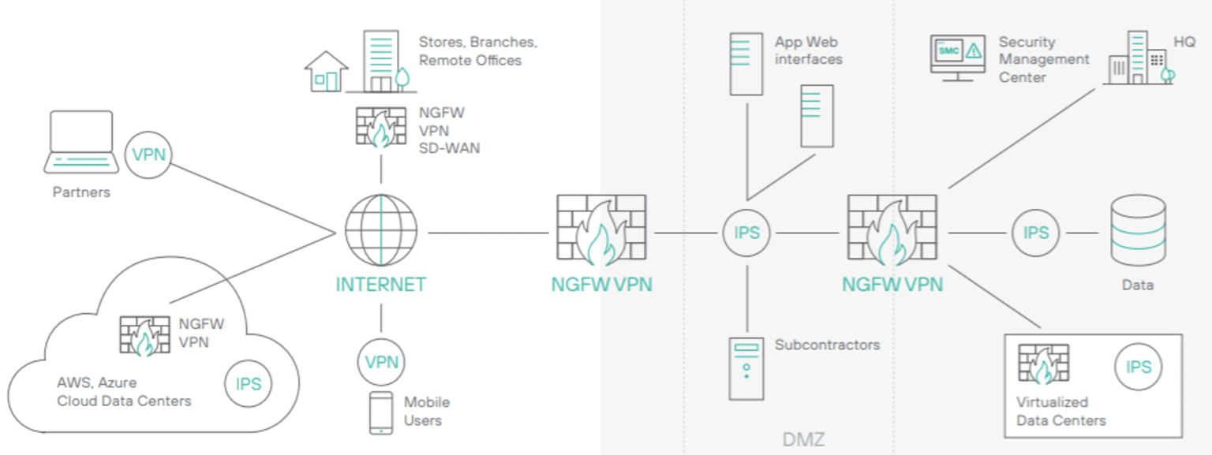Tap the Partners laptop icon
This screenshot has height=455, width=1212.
(x=80, y=142)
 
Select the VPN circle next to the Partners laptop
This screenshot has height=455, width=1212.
(x=148, y=154)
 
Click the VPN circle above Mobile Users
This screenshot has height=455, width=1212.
(x=381, y=362)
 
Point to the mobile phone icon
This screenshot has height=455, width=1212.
(x=381, y=412)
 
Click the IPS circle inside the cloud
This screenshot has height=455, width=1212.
(x=249, y=384)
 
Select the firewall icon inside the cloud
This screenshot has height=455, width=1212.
(x=144, y=335)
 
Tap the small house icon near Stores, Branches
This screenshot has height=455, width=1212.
(x=326, y=72)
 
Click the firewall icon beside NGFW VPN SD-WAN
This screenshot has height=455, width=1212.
(x=381, y=127)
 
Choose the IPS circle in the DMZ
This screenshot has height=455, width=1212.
(x=746, y=233)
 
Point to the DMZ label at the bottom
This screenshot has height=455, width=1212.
(x=803, y=439)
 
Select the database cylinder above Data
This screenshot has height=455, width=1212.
(x=1137, y=230)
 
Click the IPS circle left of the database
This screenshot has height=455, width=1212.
(x=1035, y=233)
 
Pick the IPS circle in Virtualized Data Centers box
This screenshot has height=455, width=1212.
(x=1138, y=367)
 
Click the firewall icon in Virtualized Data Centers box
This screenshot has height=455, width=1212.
(x=1043, y=365)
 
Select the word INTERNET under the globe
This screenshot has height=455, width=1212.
(x=381, y=285)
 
